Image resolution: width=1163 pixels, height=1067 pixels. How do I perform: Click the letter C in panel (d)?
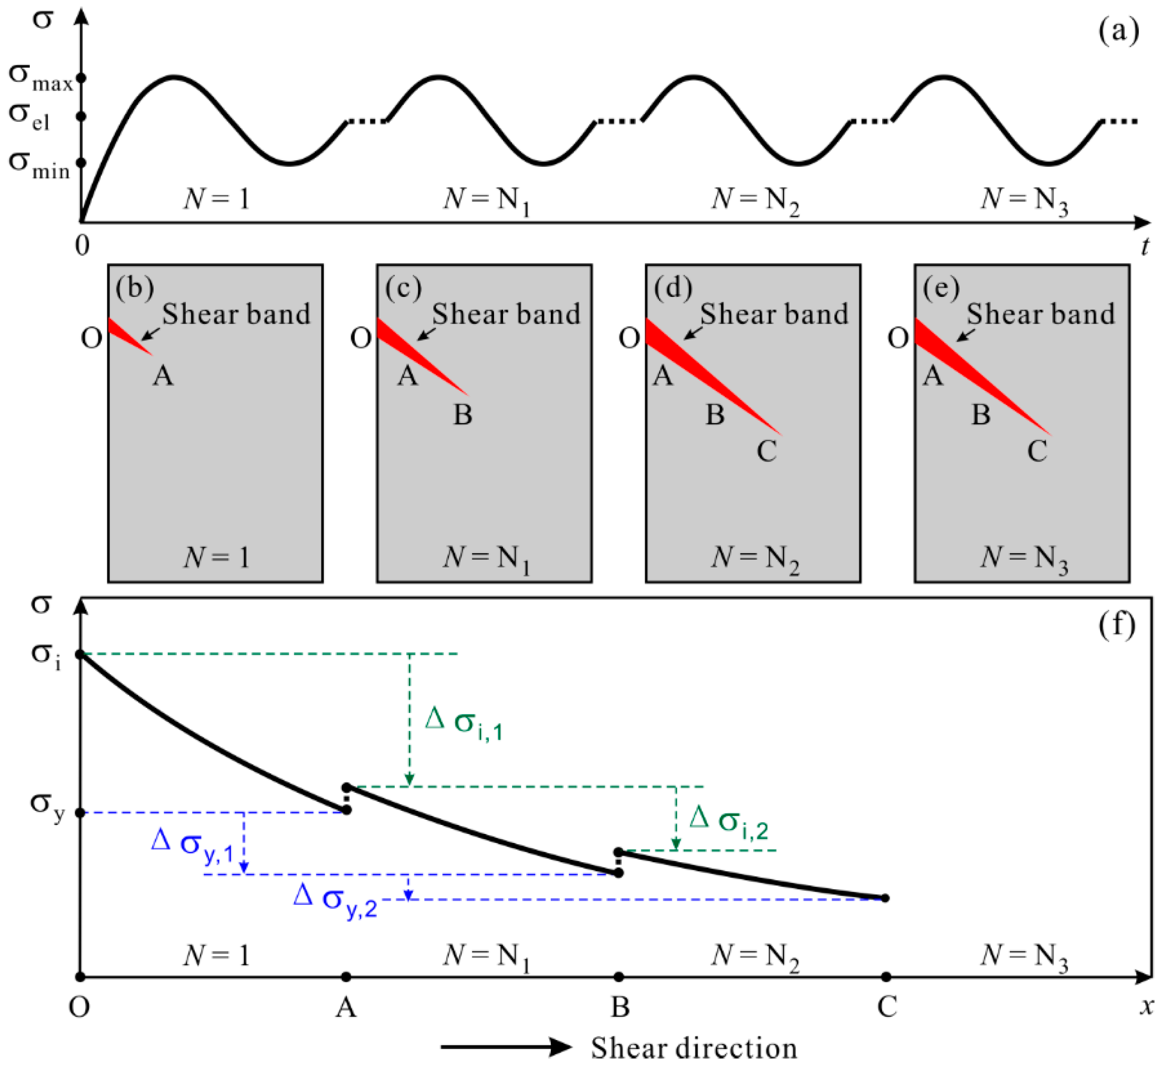click(x=766, y=451)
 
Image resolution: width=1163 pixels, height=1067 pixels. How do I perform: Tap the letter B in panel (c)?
click(x=462, y=415)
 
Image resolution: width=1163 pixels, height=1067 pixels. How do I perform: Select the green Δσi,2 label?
click(x=728, y=822)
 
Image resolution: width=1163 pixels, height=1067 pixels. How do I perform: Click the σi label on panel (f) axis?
click(x=46, y=655)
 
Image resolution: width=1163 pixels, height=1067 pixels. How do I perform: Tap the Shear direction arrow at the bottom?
click(x=505, y=1046)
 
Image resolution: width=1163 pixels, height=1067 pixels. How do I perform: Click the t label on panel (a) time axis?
click(x=1145, y=247)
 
